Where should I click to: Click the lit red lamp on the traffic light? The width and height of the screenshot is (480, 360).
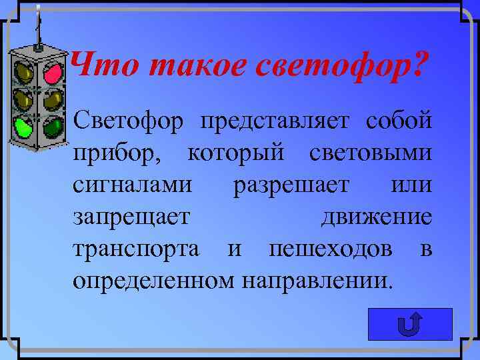click(52, 74)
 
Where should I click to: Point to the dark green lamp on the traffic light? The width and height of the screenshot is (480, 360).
click(51, 125)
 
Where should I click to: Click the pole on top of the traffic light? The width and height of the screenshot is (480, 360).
click(37, 27)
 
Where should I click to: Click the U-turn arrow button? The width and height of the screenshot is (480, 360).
click(410, 325)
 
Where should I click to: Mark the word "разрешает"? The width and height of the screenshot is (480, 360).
click(291, 185)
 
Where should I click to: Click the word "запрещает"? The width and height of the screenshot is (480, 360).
click(131, 216)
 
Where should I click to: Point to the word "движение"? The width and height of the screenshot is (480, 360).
click(377, 216)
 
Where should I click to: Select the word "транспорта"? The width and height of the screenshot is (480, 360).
click(136, 248)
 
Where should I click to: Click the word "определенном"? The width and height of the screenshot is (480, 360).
click(153, 279)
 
